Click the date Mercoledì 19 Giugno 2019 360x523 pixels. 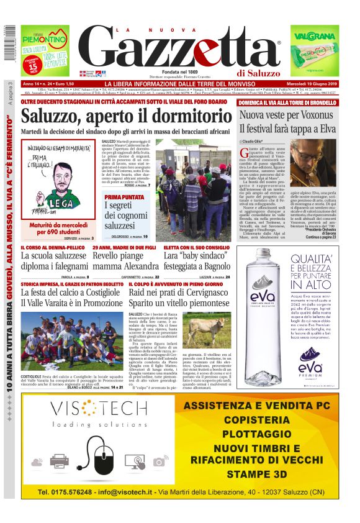click(315, 84)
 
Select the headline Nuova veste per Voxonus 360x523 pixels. click(289, 116)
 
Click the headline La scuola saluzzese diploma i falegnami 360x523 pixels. click(55, 261)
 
